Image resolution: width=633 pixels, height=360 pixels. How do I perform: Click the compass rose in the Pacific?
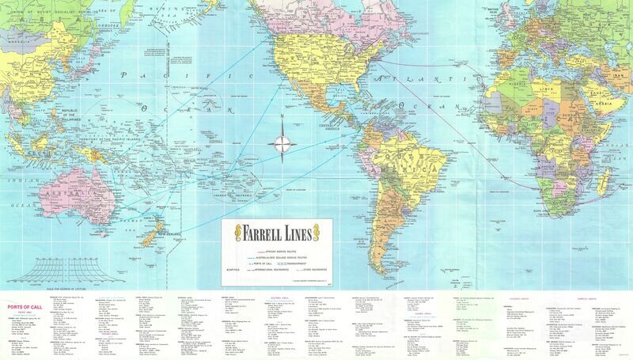282,144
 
